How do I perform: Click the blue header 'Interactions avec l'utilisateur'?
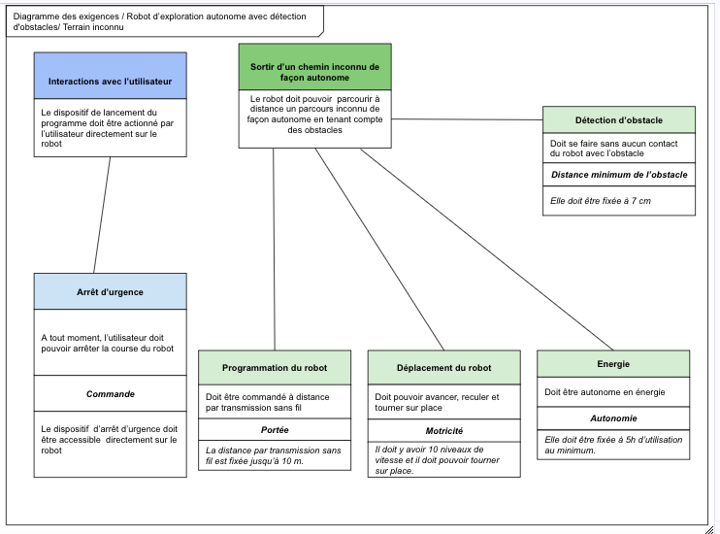[110, 81]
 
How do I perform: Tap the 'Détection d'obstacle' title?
[619, 120]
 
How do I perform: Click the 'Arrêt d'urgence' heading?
[110, 291]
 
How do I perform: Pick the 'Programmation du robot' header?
[275, 368]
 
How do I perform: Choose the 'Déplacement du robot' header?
[444, 368]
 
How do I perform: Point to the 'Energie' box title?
[613, 364]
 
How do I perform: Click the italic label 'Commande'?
[110, 394]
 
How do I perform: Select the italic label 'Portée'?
[275, 429]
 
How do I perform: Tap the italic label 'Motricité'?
[444, 430]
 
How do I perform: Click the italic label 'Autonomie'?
[613, 418]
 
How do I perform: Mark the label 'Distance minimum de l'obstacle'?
[619, 175]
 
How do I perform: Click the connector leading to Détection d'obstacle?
[466, 118]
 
